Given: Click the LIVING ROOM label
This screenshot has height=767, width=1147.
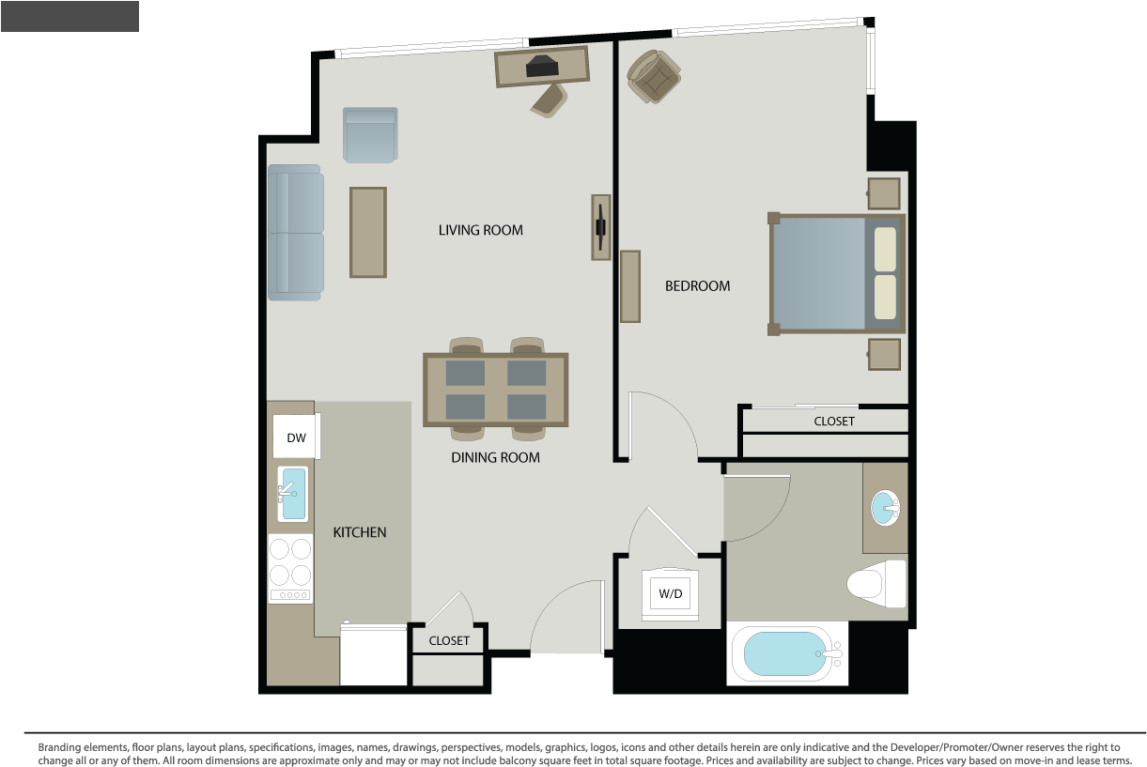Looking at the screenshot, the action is pos(480,230).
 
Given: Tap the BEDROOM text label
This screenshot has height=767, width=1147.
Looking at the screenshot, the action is pos(697,286).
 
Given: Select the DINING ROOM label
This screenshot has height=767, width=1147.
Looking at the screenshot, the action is pos(495,457).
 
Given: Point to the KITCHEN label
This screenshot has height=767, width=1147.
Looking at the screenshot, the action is pos(360,532).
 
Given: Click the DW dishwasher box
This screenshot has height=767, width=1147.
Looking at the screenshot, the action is pos(297,437).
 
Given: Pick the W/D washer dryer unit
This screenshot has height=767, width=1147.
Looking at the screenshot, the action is pos(671,593).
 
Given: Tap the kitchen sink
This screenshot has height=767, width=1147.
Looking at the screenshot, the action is pos(293,494).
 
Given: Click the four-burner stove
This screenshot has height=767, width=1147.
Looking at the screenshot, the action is pos(290,569).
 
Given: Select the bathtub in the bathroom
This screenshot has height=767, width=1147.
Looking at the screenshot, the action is pos(787,654).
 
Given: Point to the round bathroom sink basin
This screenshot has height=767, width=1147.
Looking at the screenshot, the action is pos(885,508).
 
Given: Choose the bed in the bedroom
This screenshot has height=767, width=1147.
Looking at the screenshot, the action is pos(837,275).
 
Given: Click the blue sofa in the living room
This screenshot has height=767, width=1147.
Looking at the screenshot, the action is pos(296,233).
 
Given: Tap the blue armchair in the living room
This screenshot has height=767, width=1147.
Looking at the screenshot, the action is pos(370,135).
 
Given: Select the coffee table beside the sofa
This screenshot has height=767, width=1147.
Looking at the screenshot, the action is pos(368,232).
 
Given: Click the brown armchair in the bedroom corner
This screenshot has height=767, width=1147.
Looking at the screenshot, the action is pos(654,77).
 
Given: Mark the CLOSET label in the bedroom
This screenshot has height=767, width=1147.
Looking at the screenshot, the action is pos(834,422).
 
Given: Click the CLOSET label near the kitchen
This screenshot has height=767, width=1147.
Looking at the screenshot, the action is pos(449,641).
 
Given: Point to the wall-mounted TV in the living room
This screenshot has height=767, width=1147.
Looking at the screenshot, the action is pos(601,227).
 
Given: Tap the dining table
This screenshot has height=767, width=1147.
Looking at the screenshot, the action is pos(496,390).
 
